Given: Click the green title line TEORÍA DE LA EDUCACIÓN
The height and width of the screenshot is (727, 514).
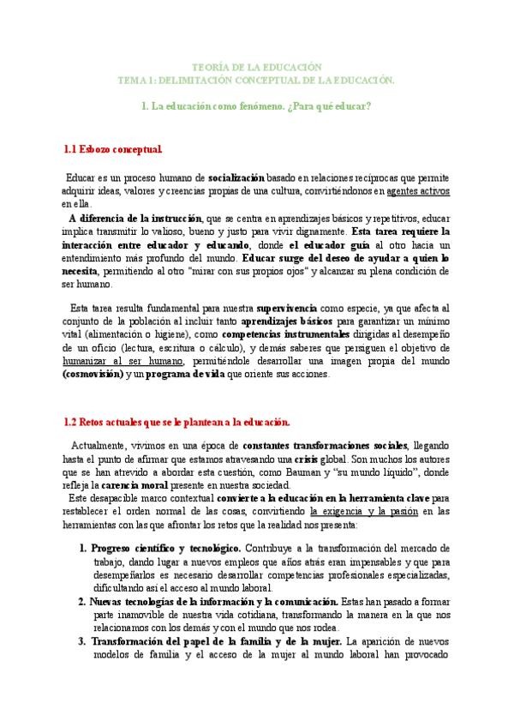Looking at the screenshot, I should pyautogui.click(x=256, y=67).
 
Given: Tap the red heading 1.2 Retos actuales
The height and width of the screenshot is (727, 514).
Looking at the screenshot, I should pyautogui.click(x=177, y=422).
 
